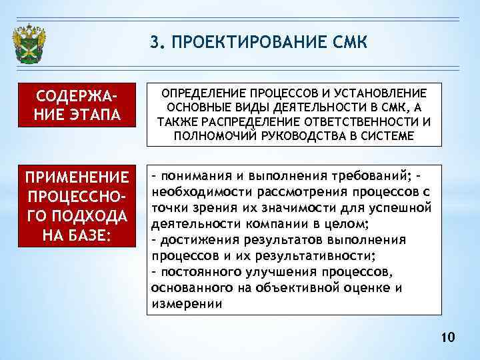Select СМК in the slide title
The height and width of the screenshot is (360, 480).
point(347,43)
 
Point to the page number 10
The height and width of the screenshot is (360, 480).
point(447,339)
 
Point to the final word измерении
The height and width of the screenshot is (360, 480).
point(187,304)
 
